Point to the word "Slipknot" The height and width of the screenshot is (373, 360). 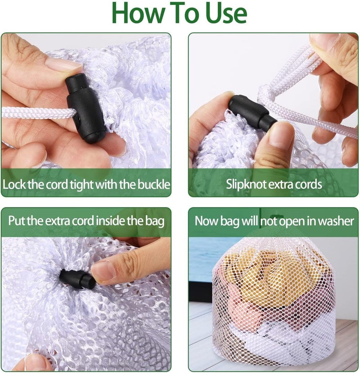coord(245,184)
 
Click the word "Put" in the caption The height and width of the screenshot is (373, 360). coord(16,221)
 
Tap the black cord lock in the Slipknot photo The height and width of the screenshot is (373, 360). coord(252,112)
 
